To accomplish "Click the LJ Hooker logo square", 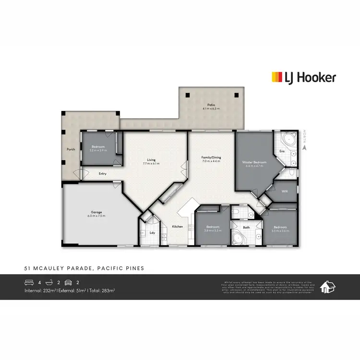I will coord(277,77).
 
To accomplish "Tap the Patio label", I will coord(211,105).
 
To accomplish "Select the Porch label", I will coord(70,149).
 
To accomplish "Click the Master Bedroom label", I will coord(254,164).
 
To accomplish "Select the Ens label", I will coord(282,152).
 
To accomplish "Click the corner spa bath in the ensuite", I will coord(290,141).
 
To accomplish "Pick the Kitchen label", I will coord(178,226).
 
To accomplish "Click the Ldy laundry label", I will coord(152,233).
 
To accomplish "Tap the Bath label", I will coord(246,228).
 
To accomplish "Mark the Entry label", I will coord(103,174).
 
